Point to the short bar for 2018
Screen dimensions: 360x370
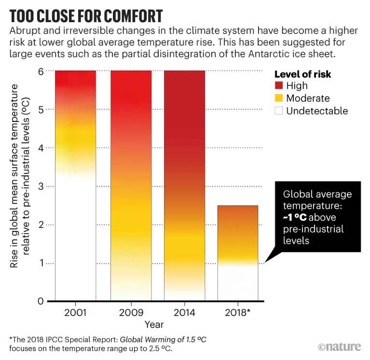(238, 253)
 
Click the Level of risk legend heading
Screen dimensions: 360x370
(302, 74)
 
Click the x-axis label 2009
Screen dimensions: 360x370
(131, 312)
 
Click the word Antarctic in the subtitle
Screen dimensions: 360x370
(256, 54)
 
